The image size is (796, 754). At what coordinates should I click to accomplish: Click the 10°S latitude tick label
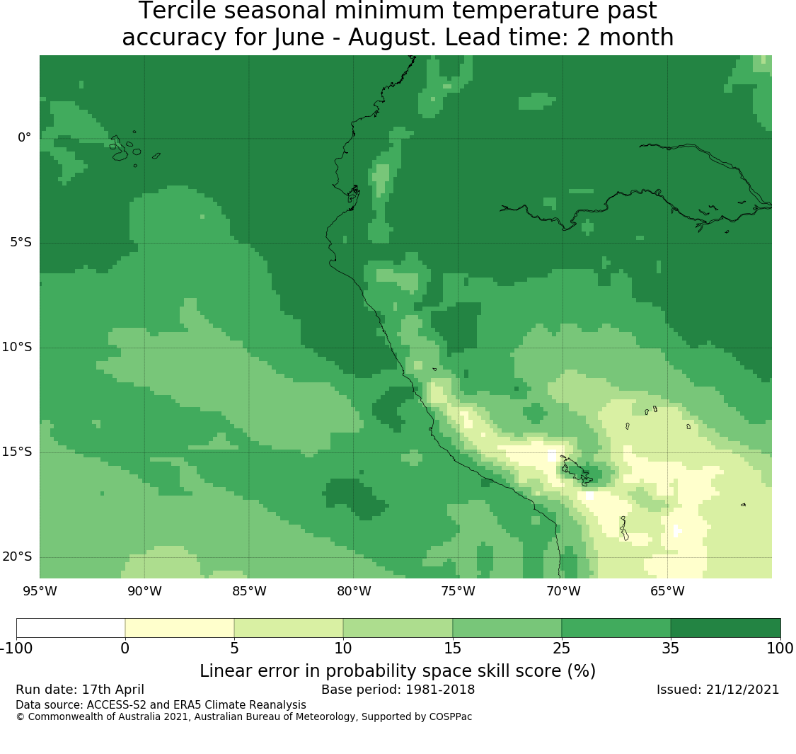pyautogui.click(x=17, y=348)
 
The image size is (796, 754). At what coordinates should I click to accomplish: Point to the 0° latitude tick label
pyautogui.click(x=24, y=137)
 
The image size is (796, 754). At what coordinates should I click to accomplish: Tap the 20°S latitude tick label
pyautogui.click(x=17, y=557)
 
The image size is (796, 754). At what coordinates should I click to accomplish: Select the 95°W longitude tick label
pyautogui.click(x=40, y=591)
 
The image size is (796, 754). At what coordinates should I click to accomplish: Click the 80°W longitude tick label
pyautogui.click(x=354, y=591)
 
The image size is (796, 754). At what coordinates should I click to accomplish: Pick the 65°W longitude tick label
pyautogui.click(x=667, y=591)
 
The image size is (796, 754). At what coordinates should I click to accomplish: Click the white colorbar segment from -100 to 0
pyautogui.click(x=71, y=628)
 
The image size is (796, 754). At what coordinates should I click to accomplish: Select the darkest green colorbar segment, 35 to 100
pyautogui.click(x=725, y=628)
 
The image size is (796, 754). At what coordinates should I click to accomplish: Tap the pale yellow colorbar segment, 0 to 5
pyautogui.click(x=180, y=628)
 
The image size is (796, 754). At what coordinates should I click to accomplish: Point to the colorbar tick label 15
pyautogui.click(x=452, y=649)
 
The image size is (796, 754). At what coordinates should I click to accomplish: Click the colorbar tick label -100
pyautogui.click(x=16, y=649)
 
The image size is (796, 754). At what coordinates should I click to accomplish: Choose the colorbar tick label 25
pyautogui.click(x=562, y=649)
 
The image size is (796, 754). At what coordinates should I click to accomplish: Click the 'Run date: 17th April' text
pyautogui.click(x=80, y=690)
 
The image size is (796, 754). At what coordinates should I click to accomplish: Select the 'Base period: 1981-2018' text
pyautogui.click(x=398, y=690)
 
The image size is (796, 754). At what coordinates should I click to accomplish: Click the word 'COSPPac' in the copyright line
pyautogui.click(x=451, y=717)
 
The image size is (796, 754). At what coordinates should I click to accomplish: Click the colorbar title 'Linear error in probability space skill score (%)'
pyautogui.click(x=398, y=671)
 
